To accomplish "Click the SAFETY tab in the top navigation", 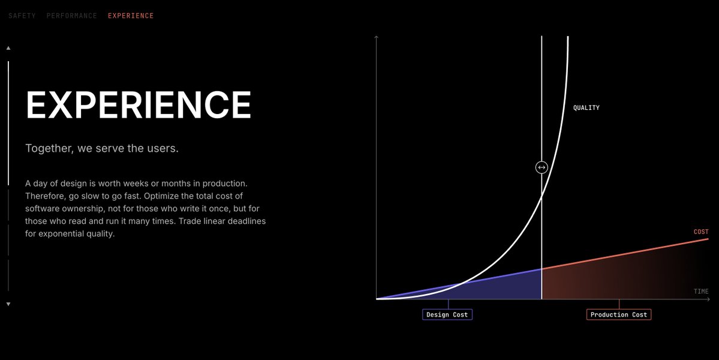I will pos(22,16).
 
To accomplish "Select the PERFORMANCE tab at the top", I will pos(71,16).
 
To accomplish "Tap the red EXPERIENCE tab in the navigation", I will pos(131,16).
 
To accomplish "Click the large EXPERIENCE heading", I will pos(139,105).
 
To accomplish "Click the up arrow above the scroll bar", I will pos(8,48).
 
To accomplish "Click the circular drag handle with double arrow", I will pos(541,167).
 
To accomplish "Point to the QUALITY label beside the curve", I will pos(586,108).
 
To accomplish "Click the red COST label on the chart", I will pos(701,232).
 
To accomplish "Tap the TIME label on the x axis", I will pos(701,292).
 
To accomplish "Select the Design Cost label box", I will pos(447,314).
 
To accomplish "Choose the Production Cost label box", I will pos(618,314).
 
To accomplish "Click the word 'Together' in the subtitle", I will pos(47,148).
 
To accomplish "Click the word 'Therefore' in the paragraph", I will pos(46,196).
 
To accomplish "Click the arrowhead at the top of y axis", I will pos(376,38).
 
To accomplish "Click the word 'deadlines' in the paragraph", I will pos(245,221).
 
